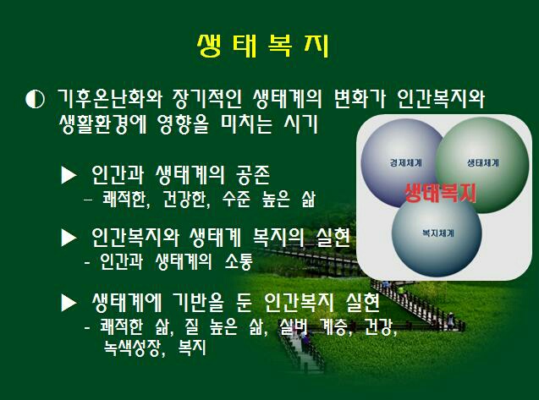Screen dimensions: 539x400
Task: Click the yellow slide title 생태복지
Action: pyautogui.click(x=263, y=45)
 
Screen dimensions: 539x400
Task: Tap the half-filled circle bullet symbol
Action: pyautogui.click(x=35, y=99)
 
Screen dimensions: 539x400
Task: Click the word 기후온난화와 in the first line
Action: pyautogui.click(x=109, y=99)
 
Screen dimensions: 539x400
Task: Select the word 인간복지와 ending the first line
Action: pyautogui.click(x=440, y=99)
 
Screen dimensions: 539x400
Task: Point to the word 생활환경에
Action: pyautogui.click(x=102, y=123)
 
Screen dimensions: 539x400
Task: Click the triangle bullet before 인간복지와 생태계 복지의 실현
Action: pyautogui.click(x=69, y=238)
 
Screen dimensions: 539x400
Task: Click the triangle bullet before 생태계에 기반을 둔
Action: pyautogui.click(x=69, y=303)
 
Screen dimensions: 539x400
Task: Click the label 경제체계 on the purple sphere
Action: pyautogui.click(x=405, y=162)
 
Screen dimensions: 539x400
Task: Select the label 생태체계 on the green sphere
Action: pyautogui.click(x=482, y=162)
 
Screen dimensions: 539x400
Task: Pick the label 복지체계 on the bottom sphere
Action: pyautogui.click(x=438, y=233)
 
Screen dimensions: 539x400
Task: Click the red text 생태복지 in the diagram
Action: pyautogui.click(x=440, y=193)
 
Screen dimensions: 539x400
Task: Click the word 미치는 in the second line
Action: pyautogui.click(x=246, y=123)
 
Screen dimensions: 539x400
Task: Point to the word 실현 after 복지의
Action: pyautogui.click(x=333, y=238)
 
